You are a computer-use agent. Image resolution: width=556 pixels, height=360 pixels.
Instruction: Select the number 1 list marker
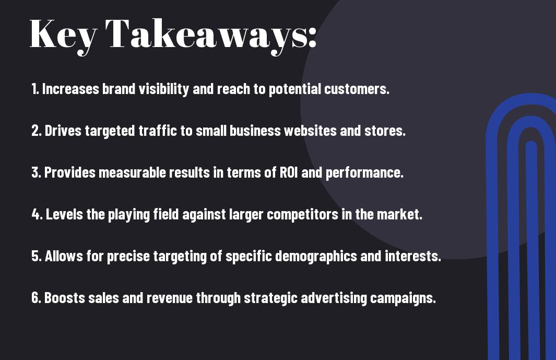point(35,89)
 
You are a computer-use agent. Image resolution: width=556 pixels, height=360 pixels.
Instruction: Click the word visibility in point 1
point(163,89)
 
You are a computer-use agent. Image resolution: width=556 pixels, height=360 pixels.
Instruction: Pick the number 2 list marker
point(36,131)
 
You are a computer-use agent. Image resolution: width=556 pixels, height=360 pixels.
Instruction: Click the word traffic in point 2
point(158,130)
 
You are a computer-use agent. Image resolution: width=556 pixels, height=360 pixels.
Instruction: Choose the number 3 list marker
point(36,172)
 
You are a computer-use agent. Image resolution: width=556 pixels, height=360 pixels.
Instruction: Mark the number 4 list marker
point(37,214)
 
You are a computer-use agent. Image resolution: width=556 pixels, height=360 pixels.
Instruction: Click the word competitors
point(302,215)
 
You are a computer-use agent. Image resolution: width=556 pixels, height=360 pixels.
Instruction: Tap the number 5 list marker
point(37,256)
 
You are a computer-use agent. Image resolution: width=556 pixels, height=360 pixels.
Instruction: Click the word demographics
point(316,257)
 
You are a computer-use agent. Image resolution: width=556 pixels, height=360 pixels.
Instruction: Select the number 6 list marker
point(36,298)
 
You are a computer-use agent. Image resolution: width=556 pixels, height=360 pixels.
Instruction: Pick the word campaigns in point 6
point(403,298)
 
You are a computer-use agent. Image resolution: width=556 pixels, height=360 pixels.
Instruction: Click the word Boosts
point(65,298)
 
